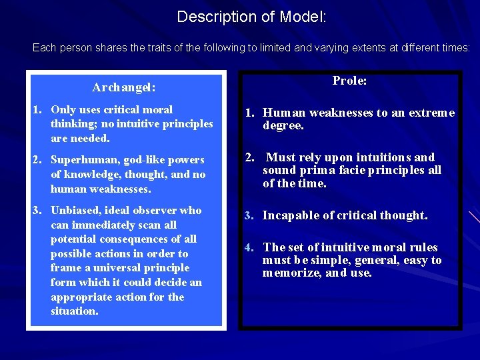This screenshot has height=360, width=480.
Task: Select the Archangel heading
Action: [124, 87]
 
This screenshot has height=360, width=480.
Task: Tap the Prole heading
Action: [349, 81]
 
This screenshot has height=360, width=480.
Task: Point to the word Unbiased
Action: [75, 210]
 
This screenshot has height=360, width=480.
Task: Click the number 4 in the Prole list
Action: [247, 247]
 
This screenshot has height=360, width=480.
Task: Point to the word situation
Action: [74, 311]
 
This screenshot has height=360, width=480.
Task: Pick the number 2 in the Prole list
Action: [247, 157]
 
